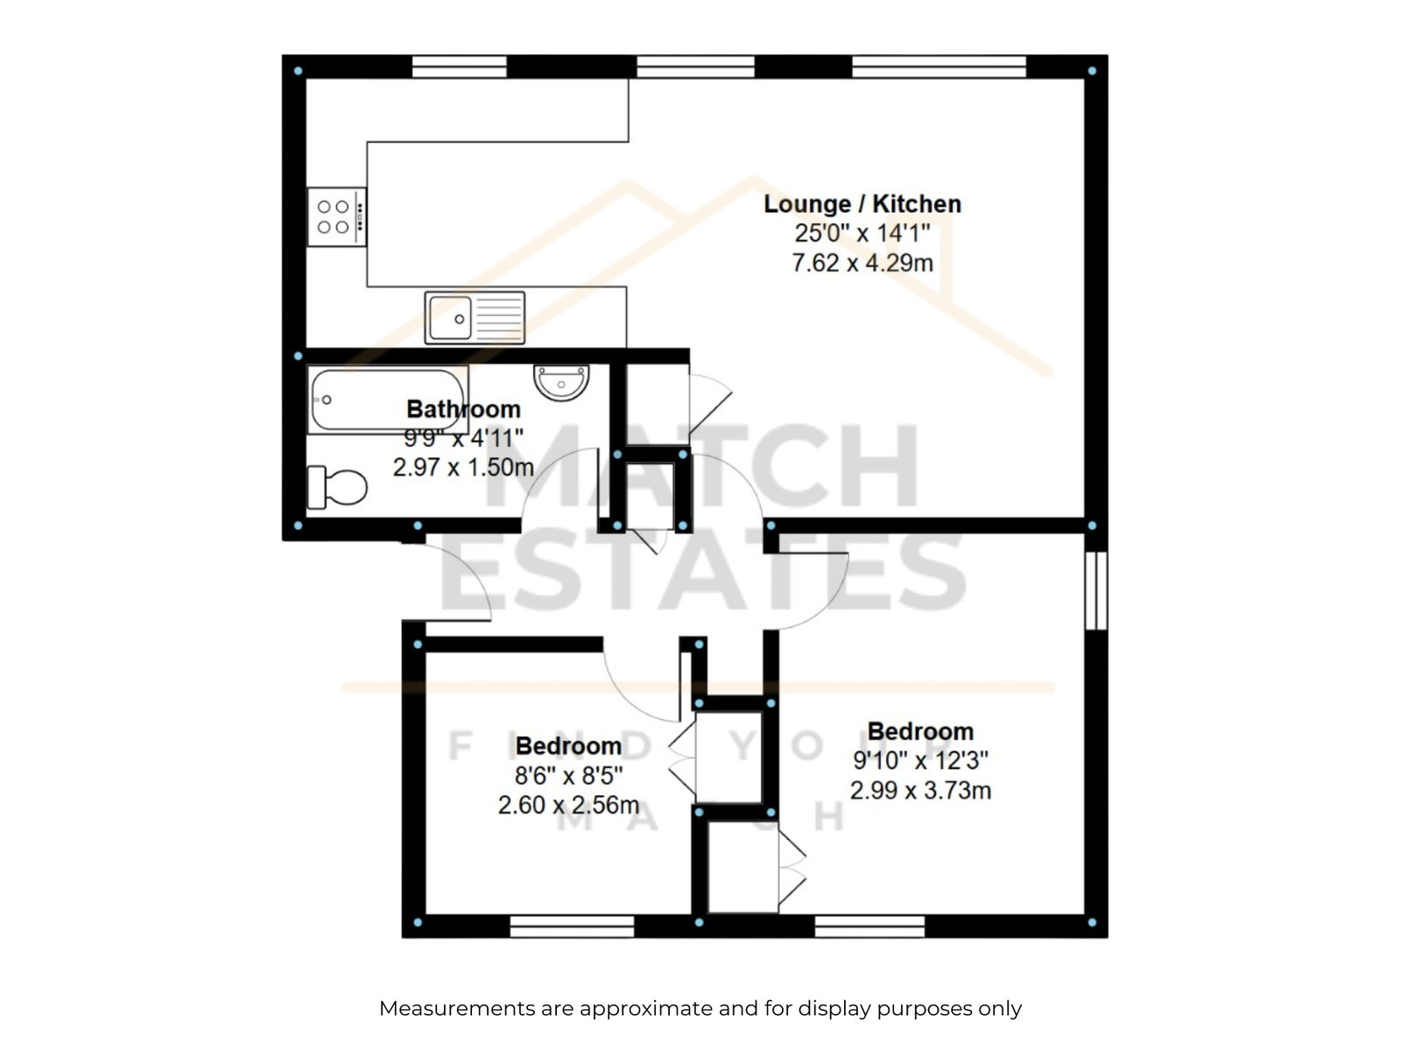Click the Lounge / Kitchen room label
(862, 204)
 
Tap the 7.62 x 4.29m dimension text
(862, 263)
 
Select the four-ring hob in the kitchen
(336, 216)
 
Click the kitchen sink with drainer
(475, 318)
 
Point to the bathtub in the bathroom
(388, 400)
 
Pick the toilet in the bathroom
(337, 488)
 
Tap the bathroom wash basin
(561, 382)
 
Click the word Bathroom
(463, 409)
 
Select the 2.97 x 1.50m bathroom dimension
(463, 468)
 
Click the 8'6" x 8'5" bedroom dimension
(568, 775)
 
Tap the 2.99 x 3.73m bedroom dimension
(920, 791)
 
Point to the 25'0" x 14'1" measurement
(862, 234)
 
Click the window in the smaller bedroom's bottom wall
(572, 926)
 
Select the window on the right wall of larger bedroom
(1096, 591)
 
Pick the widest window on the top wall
(939, 67)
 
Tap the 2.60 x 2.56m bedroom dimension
(568, 805)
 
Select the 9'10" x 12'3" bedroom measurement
(920, 760)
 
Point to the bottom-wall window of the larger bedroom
(870, 926)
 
